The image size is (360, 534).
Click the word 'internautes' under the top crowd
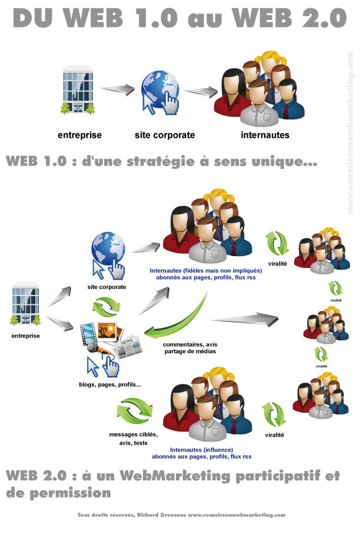(x=265, y=135)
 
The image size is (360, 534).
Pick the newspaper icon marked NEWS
(x=129, y=347)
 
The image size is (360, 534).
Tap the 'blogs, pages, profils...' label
(x=109, y=384)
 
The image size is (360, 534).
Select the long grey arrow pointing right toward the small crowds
(x=244, y=320)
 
